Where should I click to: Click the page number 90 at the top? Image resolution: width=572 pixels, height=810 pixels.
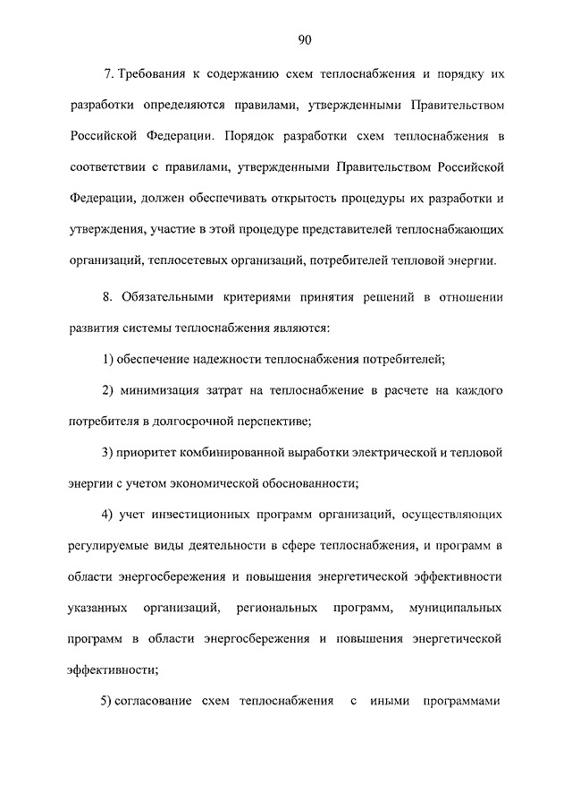(x=304, y=39)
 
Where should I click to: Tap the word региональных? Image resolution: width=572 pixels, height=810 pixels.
(x=278, y=609)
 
